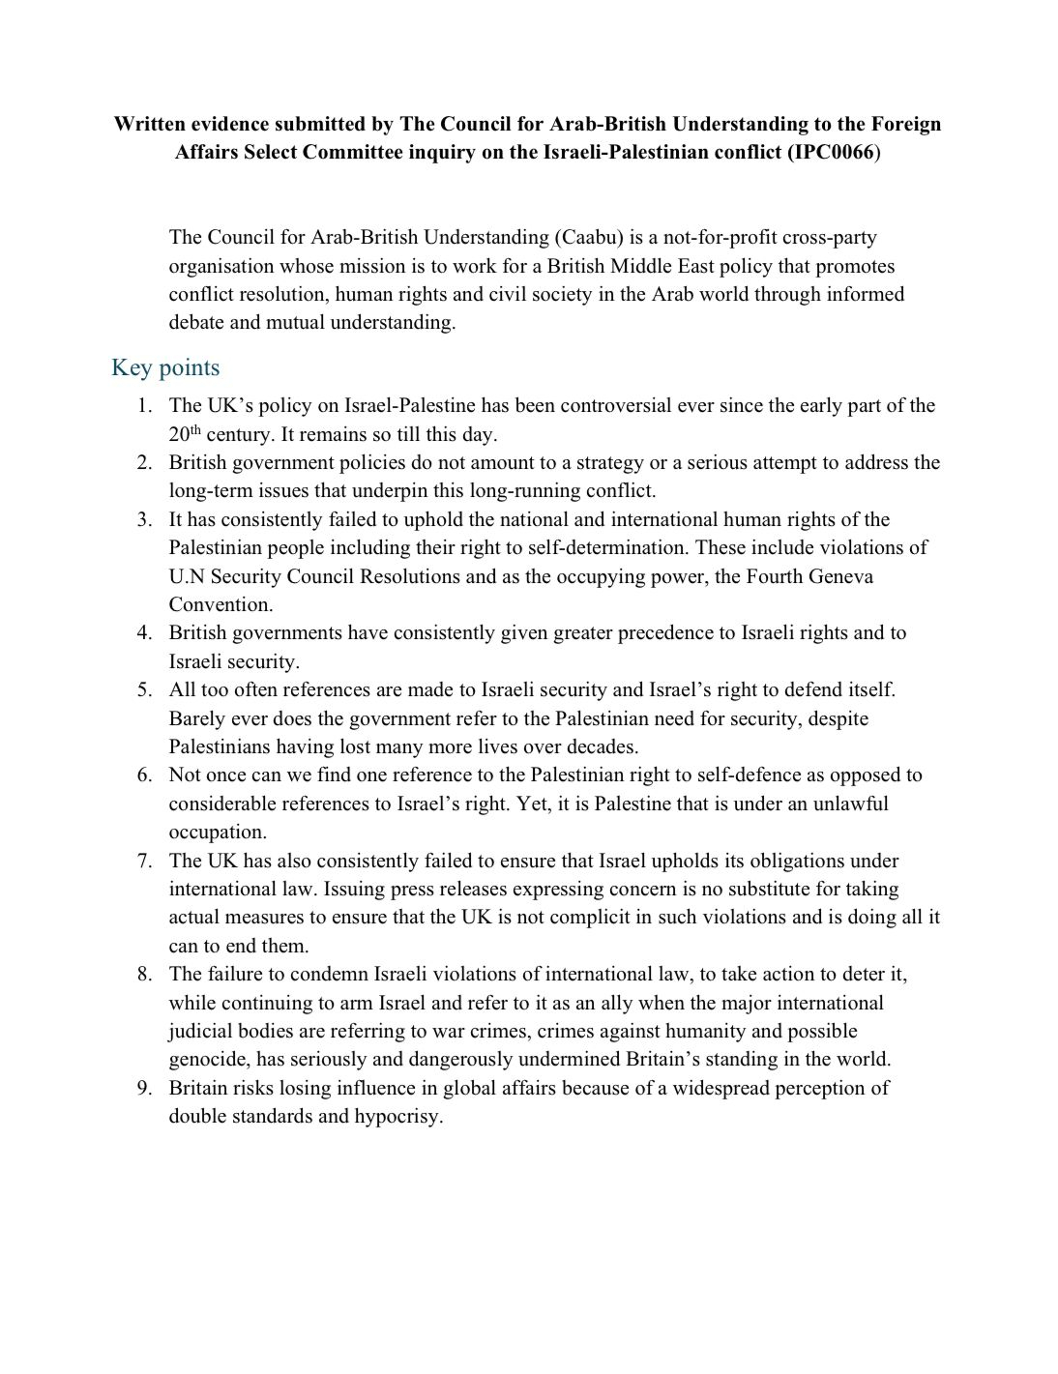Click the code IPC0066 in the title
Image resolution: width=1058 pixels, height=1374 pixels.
tap(832, 153)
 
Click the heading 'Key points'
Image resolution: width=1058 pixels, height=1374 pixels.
tap(165, 368)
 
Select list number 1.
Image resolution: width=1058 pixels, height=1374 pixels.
tap(145, 406)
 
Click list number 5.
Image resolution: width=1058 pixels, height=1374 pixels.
tap(145, 690)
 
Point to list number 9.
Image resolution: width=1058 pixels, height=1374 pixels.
tap(145, 1089)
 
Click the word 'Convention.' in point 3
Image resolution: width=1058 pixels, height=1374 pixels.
tap(220, 605)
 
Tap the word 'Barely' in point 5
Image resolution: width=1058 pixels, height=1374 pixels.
tap(197, 718)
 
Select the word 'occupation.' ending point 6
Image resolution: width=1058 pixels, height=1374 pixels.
tap(217, 833)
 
